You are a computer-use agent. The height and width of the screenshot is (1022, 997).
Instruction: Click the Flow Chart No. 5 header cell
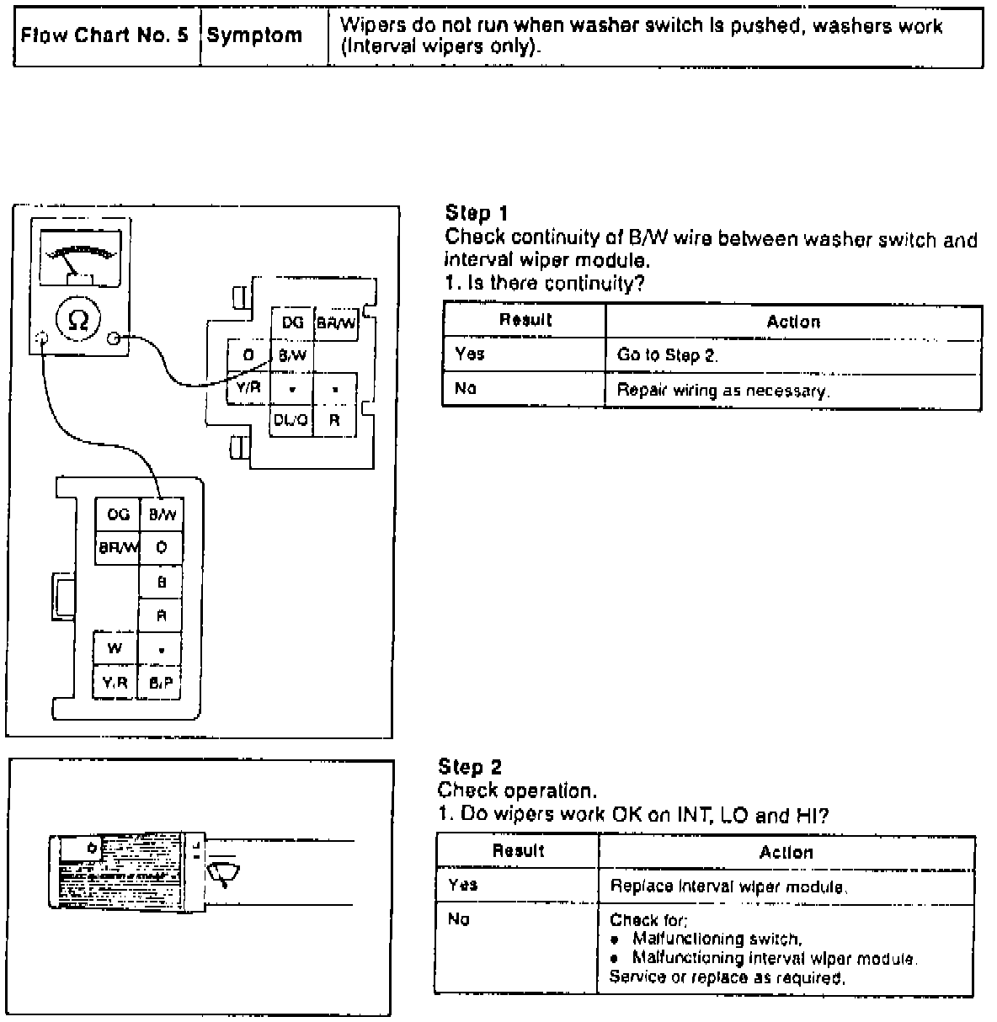pyautogui.click(x=104, y=36)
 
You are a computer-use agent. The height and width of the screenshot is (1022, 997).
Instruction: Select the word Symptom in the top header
pyautogui.click(x=253, y=36)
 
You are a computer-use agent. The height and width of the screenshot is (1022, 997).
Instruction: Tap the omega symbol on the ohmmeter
pyautogui.click(x=77, y=319)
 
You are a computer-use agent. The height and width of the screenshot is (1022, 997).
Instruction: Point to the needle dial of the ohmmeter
pyautogui.click(x=79, y=257)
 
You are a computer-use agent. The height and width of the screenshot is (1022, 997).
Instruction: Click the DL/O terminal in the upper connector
pyautogui.click(x=291, y=420)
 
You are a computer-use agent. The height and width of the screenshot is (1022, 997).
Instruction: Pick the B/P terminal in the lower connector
pyautogui.click(x=161, y=684)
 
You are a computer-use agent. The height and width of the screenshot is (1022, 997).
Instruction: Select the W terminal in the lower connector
pyautogui.click(x=115, y=648)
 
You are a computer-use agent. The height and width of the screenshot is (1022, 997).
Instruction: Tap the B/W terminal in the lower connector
pyautogui.click(x=162, y=514)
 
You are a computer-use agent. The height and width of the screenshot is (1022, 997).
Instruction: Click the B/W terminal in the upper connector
pyautogui.click(x=291, y=355)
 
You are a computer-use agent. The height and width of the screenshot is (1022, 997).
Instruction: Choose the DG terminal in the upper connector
pyautogui.click(x=292, y=322)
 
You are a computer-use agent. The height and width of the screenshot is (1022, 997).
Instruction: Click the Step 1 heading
pyautogui.click(x=477, y=213)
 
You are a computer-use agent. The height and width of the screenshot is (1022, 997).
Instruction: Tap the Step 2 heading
pyautogui.click(x=470, y=766)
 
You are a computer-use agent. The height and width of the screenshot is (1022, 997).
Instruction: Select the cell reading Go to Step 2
pyautogui.click(x=667, y=355)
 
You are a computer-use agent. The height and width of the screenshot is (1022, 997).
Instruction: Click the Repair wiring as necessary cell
pyautogui.click(x=722, y=391)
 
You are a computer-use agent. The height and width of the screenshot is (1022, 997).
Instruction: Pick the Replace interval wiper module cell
pyautogui.click(x=728, y=886)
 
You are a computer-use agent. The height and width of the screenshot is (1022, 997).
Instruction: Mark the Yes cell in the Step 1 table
pyautogui.click(x=470, y=354)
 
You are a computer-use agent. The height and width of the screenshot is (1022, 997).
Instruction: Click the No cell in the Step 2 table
pyautogui.click(x=459, y=920)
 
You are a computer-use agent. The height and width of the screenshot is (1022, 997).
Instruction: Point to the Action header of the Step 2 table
pyautogui.click(x=786, y=853)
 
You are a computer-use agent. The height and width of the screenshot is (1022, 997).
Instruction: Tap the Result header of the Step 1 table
pyautogui.click(x=525, y=320)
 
